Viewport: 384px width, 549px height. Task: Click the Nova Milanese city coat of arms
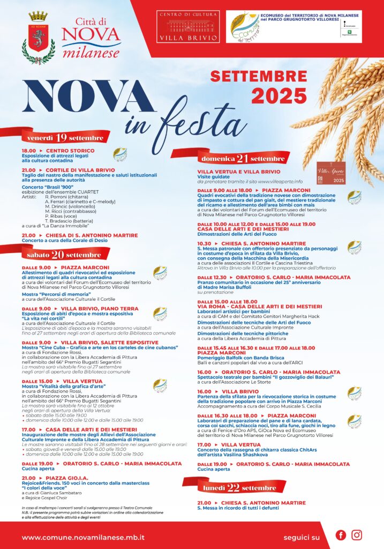tap(38, 33)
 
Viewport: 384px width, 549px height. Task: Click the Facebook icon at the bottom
tap(341, 535)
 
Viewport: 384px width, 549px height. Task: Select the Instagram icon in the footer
tap(357, 535)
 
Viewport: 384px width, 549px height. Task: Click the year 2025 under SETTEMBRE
tap(279, 96)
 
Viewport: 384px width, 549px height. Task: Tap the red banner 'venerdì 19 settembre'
tap(64, 138)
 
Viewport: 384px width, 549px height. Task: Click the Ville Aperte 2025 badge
tap(331, 173)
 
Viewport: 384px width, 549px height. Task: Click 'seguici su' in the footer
tap(302, 537)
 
